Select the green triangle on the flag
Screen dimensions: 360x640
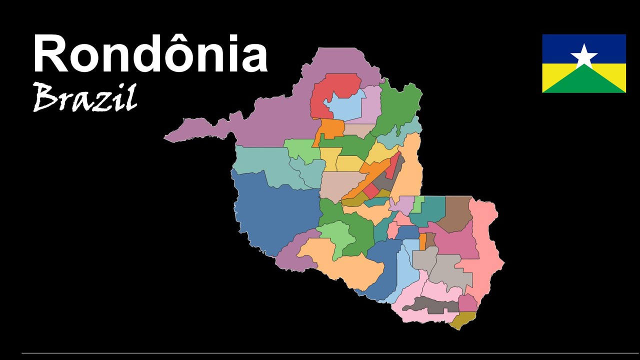(x=584, y=82)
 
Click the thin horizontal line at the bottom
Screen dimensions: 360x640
(x=320, y=353)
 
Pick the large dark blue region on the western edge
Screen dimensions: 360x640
(x=275, y=210)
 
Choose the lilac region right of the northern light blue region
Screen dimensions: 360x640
(x=371, y=102)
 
